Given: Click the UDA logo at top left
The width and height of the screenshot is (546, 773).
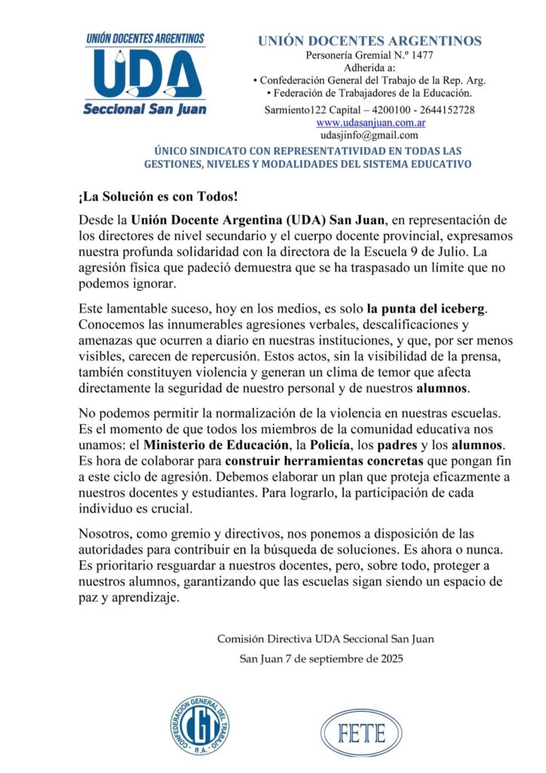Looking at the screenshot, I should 144,73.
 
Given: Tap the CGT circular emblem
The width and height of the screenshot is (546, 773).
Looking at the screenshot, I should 200,730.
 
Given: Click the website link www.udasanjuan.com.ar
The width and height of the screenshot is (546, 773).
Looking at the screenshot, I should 369,122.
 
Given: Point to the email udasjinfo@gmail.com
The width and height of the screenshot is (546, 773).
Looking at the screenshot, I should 369,135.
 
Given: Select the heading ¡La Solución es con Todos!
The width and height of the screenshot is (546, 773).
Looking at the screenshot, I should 158,197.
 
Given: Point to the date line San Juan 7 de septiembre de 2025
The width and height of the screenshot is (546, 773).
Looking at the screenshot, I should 321,658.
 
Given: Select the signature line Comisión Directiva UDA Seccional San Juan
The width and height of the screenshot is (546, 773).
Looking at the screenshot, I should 325,639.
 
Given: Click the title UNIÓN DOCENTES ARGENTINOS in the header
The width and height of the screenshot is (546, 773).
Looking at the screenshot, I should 370,41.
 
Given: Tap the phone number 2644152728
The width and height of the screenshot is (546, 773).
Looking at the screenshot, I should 445,109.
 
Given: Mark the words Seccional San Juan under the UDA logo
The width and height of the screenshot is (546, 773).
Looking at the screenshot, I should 144,109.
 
